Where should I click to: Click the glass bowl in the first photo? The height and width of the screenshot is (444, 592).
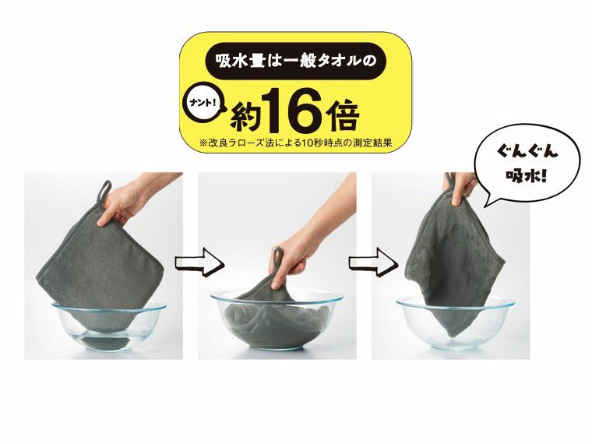pos(109,327)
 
